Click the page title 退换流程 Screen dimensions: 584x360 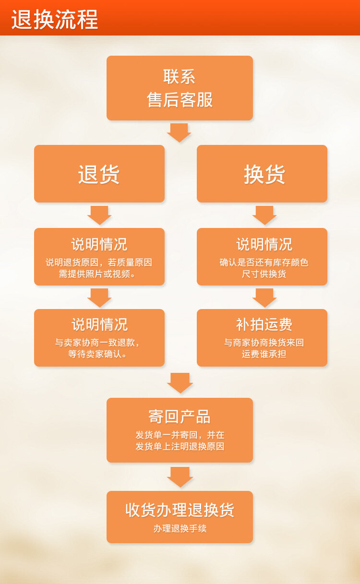[x=55, y=19]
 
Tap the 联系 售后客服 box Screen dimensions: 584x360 [x=180, y=88]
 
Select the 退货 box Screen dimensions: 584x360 [x=99, y=174]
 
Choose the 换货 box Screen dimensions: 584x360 [x=262, y=174]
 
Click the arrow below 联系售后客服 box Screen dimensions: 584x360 [x=179, y=132]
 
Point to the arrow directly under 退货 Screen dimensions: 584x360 [x=99, y=215]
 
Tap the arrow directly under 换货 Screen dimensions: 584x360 [x=264, y=215]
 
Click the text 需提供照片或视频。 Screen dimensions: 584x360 [x=99, y=274]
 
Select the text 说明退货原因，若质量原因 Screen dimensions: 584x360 [x=99, y=262]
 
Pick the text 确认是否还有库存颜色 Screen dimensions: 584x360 [x=264, y=262]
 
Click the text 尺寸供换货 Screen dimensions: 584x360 [x=264, y=274]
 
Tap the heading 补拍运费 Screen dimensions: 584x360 [x=264, y=324]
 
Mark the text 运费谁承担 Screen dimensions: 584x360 [x=264, y=354]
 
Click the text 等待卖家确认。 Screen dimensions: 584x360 [x=99, y=354]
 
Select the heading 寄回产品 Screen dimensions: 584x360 [x=180, y=416]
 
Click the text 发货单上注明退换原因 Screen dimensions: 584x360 [x=180, y=446]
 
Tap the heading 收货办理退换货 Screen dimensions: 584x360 [x=180, y=510]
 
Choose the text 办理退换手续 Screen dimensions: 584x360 [x=180, y=528]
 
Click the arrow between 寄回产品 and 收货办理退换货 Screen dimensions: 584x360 [x=180, y=477]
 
